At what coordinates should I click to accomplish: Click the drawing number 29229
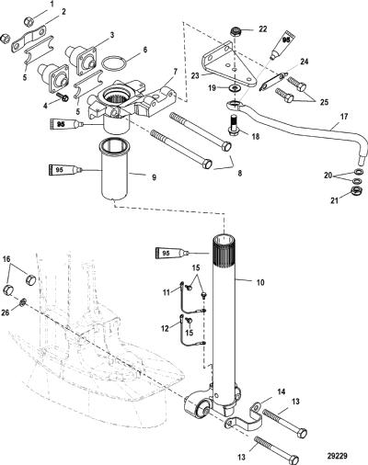[x=337, y=456]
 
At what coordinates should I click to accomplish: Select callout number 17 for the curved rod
[x=344, y=117]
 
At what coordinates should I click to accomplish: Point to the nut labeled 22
[x=236, y=32]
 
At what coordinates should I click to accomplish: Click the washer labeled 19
[x=236, y=89]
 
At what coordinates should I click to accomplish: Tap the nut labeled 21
[x=357, y=191]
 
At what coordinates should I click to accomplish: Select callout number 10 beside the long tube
[x=260, y=282]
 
